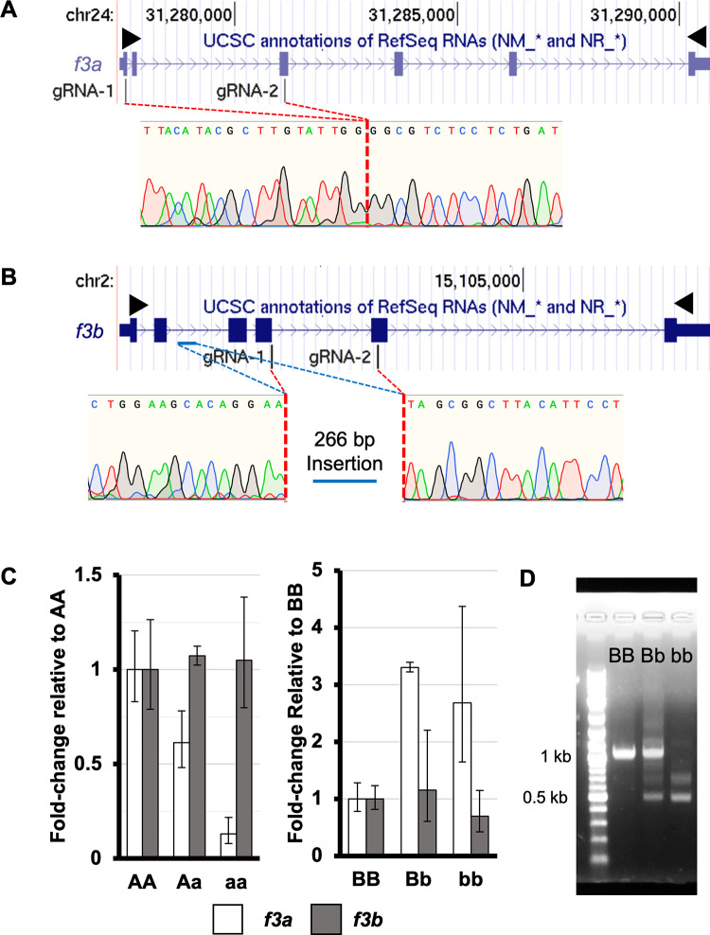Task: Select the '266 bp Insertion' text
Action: click(x=345, y=451)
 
